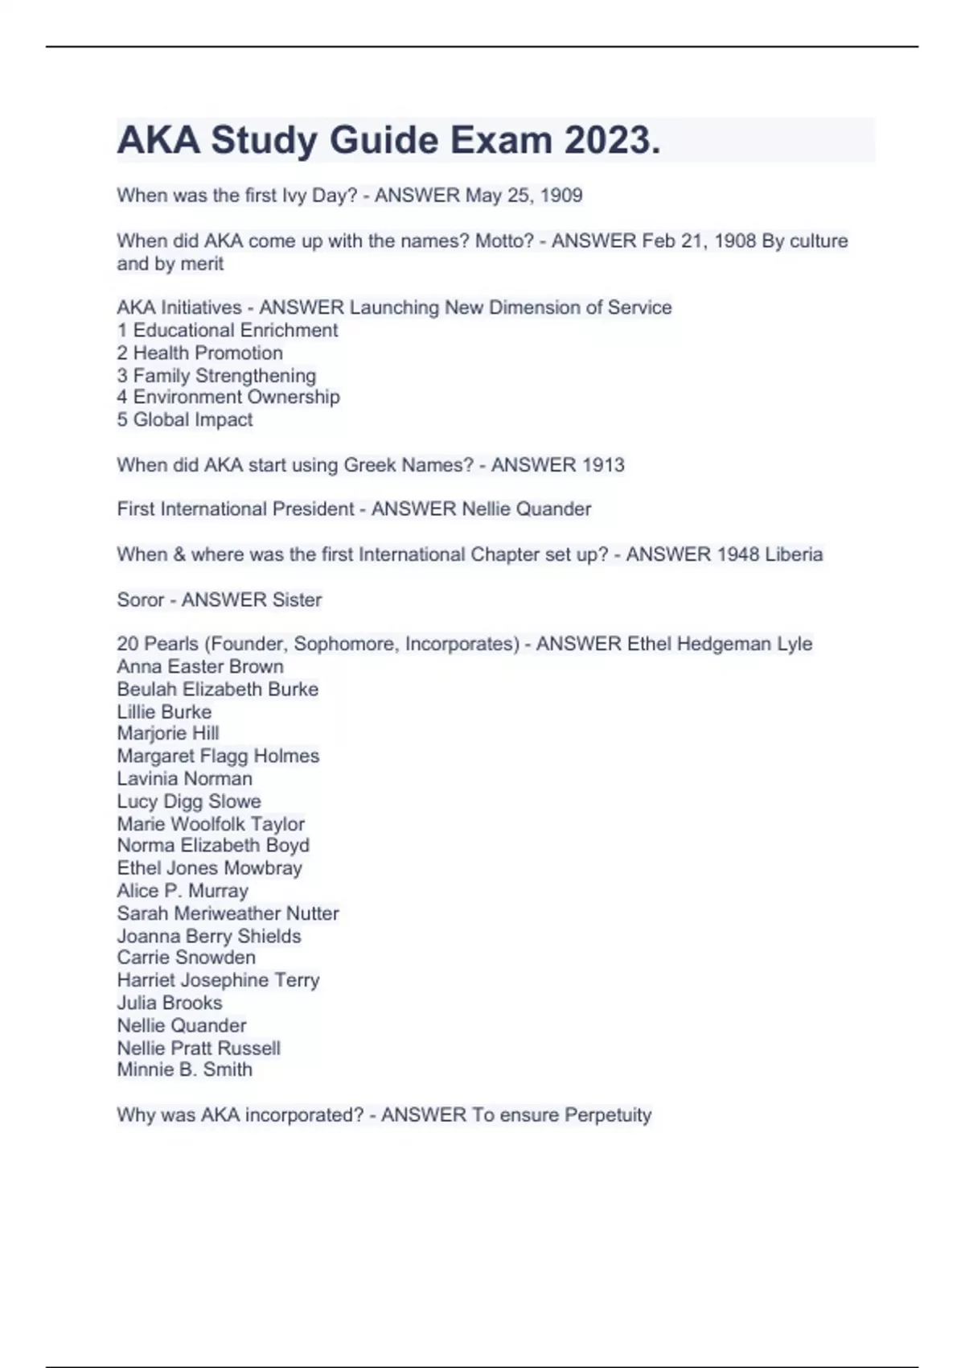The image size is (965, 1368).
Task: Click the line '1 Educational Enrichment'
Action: click(x=227, y=330)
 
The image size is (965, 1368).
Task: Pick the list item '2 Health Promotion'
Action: click(x=199, y=352)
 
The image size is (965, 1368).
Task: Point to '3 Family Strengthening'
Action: click(x=216, y=375)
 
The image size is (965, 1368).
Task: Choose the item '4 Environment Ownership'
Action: click(x=228, y=397)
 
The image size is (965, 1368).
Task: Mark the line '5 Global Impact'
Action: click(x=185, y=419)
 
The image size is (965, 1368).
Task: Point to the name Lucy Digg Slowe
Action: click(x=189, y=801)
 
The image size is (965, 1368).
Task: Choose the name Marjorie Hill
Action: click(x=168, y=733)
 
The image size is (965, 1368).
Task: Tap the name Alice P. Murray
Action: click(x=183, y=891)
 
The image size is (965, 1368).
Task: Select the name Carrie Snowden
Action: click(x=186, y=958)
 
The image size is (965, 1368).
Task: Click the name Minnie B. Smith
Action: click(x=184, y=1069)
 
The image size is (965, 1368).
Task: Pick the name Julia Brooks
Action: click(x=170, y=1003)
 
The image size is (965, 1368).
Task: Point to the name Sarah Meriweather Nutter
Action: click(x=228, y=913)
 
